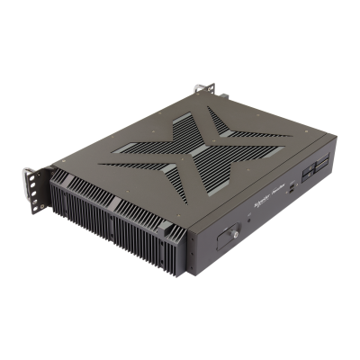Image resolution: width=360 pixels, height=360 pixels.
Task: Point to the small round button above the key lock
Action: click(x=241, y=221)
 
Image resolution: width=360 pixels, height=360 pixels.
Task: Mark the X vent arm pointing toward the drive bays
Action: click(x=256, y=135)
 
